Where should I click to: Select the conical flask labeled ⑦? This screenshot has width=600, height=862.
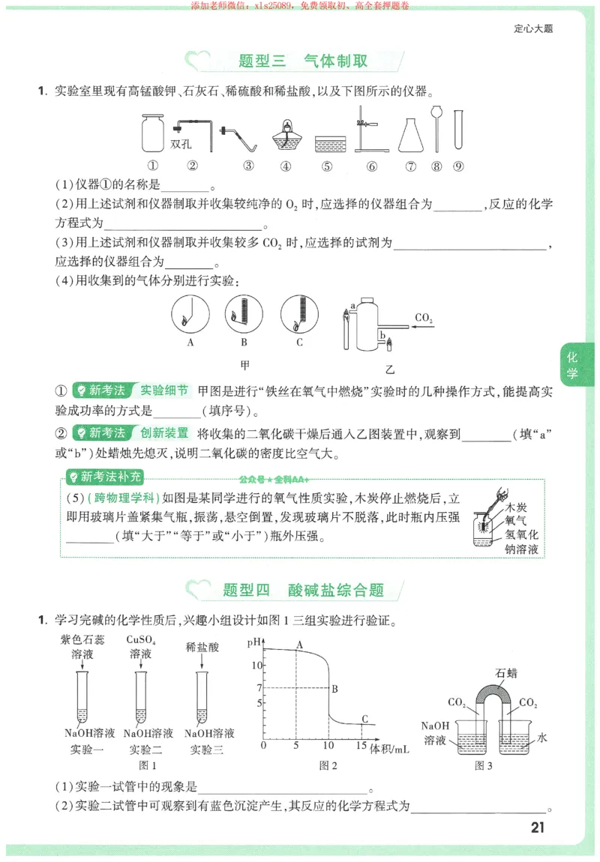pos(409,134)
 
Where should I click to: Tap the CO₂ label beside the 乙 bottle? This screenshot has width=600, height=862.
pos(424,319)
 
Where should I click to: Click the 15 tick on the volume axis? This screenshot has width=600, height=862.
pos(361,746)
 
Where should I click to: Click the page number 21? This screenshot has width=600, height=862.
pos(537,828)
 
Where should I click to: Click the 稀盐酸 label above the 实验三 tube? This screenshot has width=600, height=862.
pos(202,646)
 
